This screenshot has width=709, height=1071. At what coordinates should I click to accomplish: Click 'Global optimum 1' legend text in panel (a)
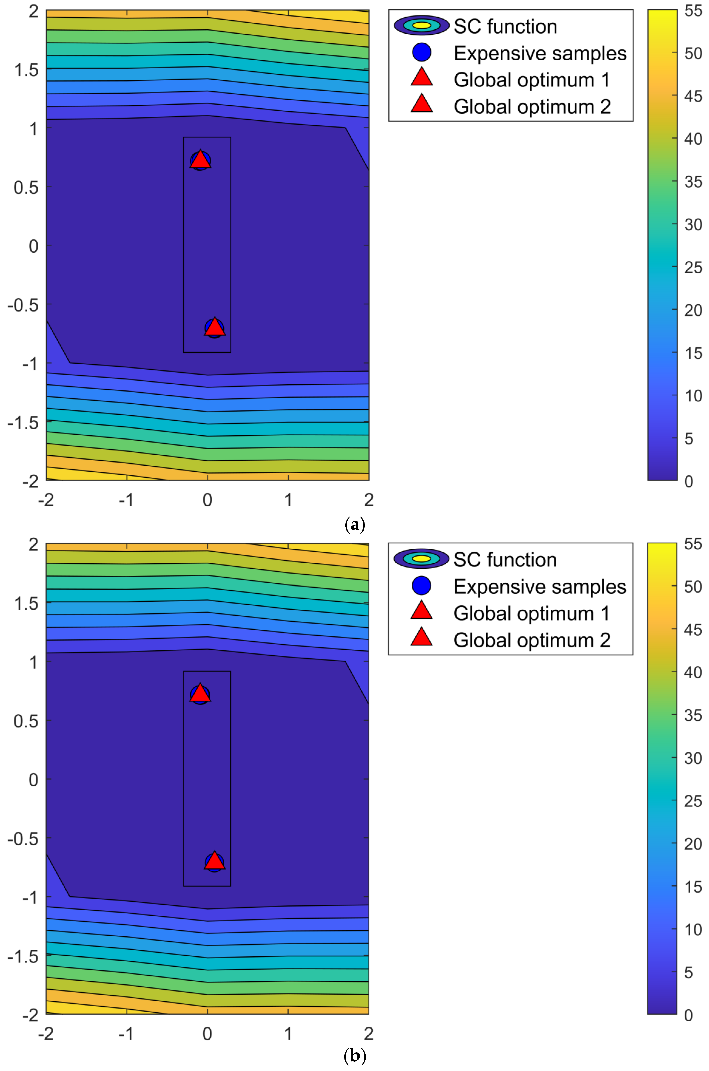pyautogui.click(x=532, y=80)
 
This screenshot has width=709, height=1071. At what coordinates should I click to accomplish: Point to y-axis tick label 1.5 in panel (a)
pyautogui.click(x=26, y=70)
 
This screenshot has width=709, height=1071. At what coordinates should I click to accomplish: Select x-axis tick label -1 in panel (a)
pyautogui.click(x=126, y=500)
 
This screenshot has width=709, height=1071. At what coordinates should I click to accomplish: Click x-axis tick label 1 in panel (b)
pyautogui.click(x=288, y=1033)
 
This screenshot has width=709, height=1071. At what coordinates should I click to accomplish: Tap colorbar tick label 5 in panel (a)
pyautogui.click(x=689, y=438)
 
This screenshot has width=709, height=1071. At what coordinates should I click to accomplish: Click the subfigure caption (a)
pyautogui.click(x=354, y=525)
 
